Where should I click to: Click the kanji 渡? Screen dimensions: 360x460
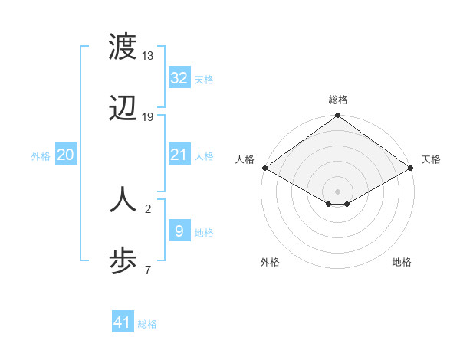[123, 48]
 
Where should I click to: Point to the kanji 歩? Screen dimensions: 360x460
[123, 261]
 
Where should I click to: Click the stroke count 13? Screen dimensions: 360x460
[147, 56]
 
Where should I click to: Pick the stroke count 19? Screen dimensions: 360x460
[147, 117]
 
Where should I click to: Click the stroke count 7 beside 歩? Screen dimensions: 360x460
[147, 270]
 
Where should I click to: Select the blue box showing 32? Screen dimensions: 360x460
[179, 77]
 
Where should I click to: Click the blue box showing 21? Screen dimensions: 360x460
[179, 155]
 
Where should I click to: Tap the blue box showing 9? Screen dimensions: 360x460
[179, 231]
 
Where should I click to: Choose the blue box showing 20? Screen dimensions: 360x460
[66, 155]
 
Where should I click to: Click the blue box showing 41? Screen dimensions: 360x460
[123, 322]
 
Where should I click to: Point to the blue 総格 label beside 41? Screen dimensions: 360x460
[147, 324]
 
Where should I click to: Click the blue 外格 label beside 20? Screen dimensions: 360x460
[41, 156]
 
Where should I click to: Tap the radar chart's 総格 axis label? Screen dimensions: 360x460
[337, 100]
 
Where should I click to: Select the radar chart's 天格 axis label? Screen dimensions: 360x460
[431, 159]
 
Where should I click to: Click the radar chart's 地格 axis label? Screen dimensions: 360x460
[402, 262]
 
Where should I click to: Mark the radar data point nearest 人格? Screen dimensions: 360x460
[264, 168]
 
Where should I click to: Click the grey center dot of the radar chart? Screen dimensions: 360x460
[337, 191]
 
